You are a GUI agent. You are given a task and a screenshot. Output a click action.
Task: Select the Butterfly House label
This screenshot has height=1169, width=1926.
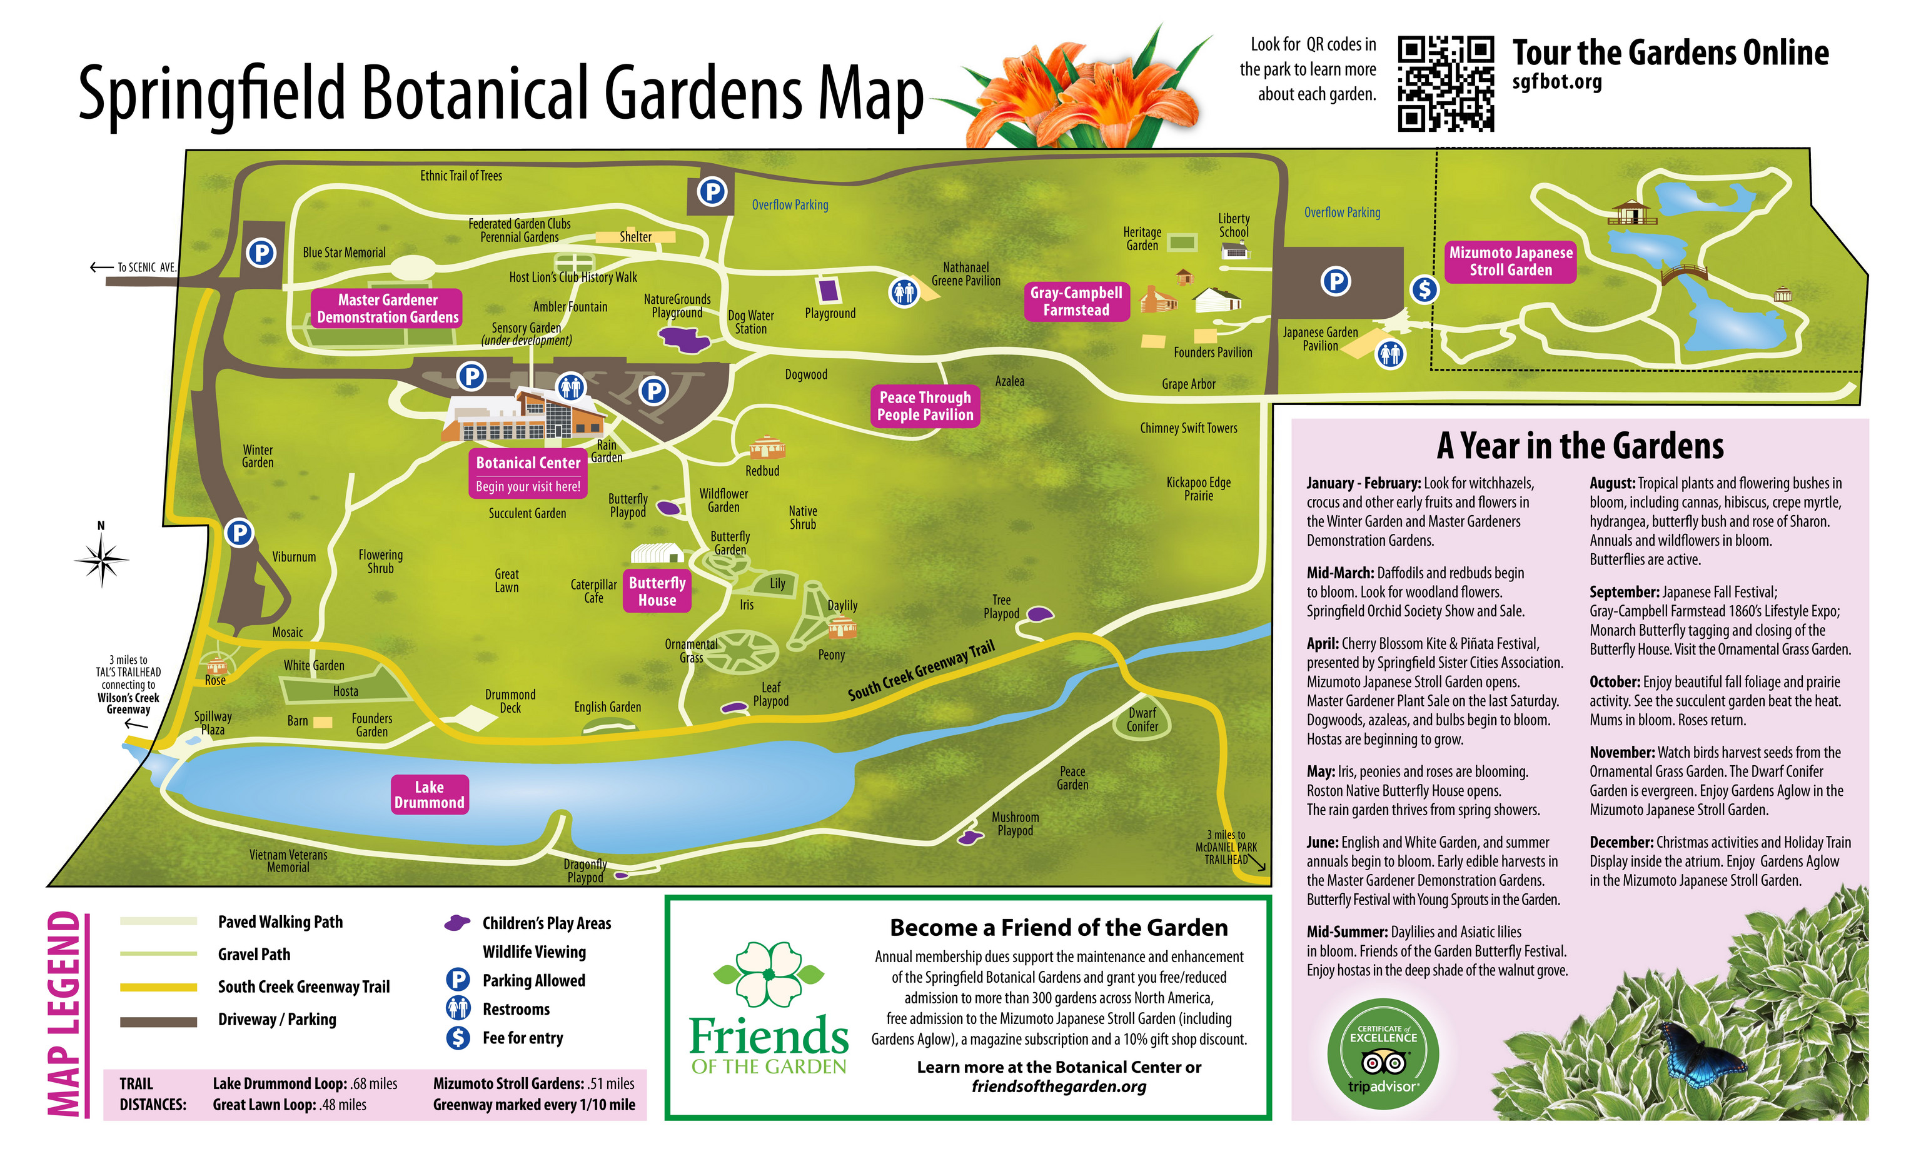click(x=657, y=591)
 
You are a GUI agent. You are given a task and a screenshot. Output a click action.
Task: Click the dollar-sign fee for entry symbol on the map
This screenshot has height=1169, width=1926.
click(x=1424, y=289)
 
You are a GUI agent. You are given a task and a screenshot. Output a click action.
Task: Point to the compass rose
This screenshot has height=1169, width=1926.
click(x=101, y=559)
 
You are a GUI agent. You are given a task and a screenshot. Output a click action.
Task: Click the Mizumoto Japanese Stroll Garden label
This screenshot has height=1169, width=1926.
click(x=1510, y=261)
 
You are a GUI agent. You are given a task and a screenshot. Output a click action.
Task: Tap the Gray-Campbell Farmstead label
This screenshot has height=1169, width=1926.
click(x=1076, y=301)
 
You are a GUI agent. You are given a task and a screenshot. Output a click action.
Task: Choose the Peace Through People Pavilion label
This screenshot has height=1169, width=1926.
click(x=925, y=406)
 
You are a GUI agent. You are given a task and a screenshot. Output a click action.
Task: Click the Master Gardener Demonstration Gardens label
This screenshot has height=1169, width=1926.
click(x=388, y=309)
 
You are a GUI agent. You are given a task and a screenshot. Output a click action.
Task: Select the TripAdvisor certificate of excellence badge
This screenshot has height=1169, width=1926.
click(x=1383, y=1056)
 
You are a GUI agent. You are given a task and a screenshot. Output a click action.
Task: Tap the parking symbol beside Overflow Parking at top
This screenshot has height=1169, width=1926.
click(x=712, y=191)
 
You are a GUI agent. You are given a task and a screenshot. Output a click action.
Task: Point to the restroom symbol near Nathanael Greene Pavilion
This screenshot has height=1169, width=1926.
click(x=904, y=293)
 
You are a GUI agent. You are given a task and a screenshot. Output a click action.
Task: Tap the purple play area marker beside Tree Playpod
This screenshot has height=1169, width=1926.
click(x=1039, y=614)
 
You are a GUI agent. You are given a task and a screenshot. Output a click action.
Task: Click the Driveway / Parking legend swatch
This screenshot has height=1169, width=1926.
click(x=159, y=1021)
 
